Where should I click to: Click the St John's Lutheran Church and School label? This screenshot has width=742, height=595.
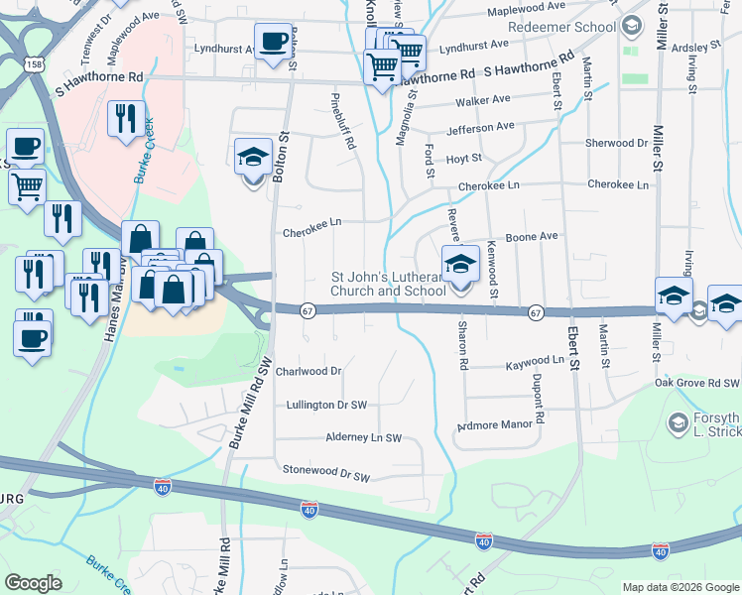tap(388, 284)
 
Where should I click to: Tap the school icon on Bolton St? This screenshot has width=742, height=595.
tap(253, 158)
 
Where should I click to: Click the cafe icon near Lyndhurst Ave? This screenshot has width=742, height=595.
tap(272, 42)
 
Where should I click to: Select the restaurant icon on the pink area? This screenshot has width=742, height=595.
tap(126, 120)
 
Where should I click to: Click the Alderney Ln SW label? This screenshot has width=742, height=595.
tap(363, 437)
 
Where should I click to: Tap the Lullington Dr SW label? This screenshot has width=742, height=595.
tap(326, 405)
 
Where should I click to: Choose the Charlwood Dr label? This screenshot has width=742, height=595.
tap(309, 371)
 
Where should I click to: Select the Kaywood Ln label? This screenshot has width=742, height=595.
tap(535, 362)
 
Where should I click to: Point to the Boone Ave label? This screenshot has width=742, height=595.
tap(533, 237)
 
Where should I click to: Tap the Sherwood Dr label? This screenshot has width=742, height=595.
tap(616, 143)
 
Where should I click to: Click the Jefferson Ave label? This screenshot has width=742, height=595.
tap(480, 127)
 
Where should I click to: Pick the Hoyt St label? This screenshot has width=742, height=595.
tap(463, 158)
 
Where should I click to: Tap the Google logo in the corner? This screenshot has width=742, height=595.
tap(34, 583)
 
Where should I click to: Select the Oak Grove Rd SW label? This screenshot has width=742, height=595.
tap(696, 383)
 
